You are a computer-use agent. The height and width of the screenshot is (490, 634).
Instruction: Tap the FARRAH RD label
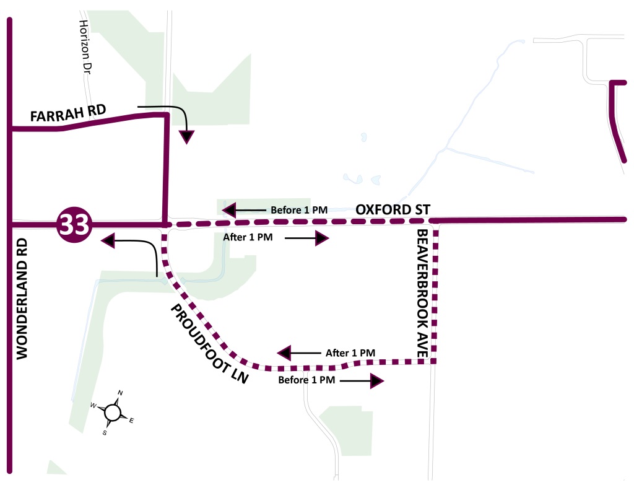click(x=68, y=115)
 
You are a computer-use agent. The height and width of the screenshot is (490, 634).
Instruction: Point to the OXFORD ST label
click(x=393, y=209)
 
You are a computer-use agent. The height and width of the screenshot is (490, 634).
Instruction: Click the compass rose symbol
click(x=112, y=412)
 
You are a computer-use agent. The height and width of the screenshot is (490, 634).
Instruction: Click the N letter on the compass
click(x=121, y=393)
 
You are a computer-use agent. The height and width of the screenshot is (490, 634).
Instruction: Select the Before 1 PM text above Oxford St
click(x=299, y=209)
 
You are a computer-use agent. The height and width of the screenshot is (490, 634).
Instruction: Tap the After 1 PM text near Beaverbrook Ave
click(x=350, y=353)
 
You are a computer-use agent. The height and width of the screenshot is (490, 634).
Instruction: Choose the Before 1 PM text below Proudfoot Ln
click(x=307, y=380)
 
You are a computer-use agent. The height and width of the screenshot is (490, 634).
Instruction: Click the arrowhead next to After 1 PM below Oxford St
click(x=321, y=238)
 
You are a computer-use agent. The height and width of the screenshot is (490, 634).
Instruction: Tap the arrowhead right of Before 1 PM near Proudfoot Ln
click(x=376, y=381)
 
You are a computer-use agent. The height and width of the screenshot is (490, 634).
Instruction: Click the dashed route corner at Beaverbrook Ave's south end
click(x=435, y=361)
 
